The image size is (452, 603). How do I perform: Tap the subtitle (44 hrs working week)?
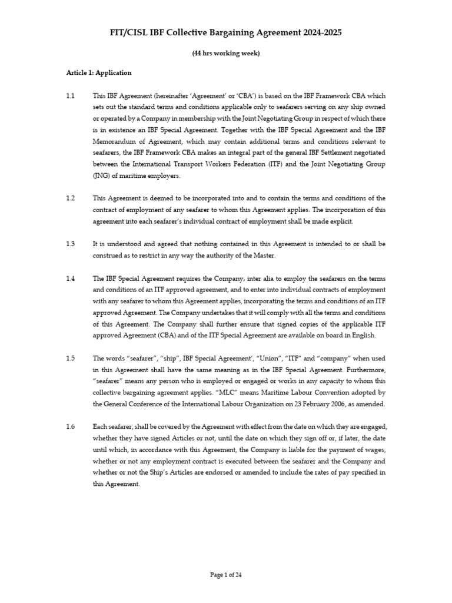pos(226,54)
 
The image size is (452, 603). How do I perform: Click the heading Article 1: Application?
pos(99,73)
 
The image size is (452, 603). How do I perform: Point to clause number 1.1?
pos(71,95)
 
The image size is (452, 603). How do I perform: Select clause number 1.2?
pos(71,198)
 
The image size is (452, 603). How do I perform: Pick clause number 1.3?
pos(71,243)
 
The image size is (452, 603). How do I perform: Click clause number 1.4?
pos(71,279)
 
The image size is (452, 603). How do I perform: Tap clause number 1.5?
pos(71,359)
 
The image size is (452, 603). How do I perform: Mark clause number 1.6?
pos(71,427)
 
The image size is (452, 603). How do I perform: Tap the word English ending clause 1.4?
pos(363,336)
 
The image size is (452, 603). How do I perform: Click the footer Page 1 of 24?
pos(226,576)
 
